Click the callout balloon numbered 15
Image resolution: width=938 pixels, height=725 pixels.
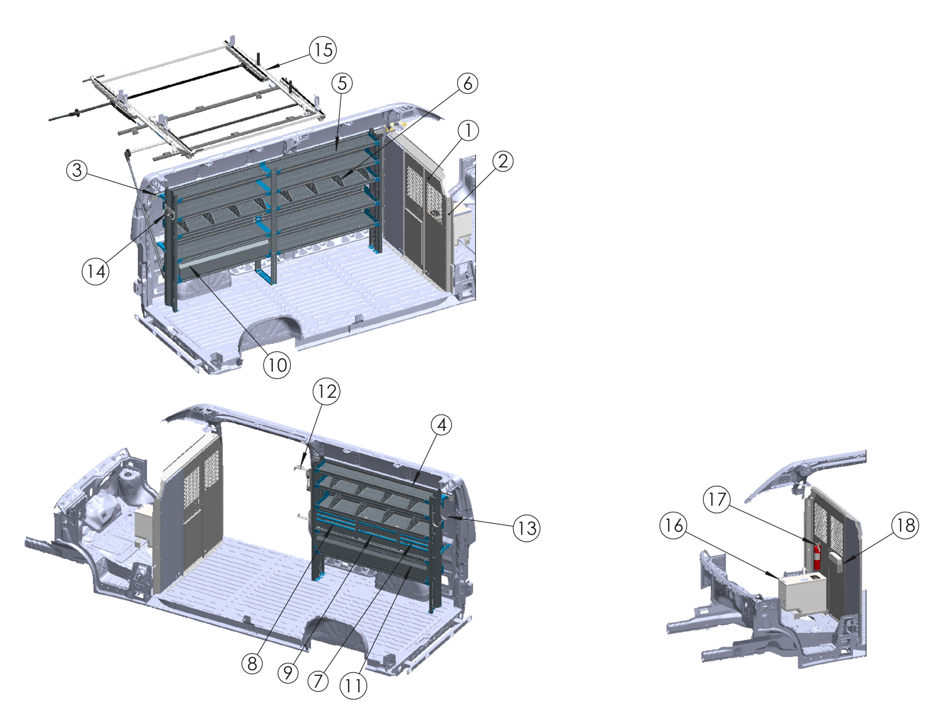[322, 50]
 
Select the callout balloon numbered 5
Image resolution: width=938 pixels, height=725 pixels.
[342, 83]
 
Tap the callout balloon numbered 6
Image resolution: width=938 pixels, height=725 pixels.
[467, 83]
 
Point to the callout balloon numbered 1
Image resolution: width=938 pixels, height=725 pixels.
[468, 130]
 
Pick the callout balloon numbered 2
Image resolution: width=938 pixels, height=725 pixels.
[503, 162]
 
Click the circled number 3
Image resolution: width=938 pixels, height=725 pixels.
[77, 170]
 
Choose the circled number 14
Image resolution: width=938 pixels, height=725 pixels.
[95, 271]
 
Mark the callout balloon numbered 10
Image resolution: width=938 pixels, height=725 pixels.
[277, 365]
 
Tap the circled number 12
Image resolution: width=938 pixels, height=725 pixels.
[326, 391]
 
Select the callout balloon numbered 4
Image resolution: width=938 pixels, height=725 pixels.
[442, 425]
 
